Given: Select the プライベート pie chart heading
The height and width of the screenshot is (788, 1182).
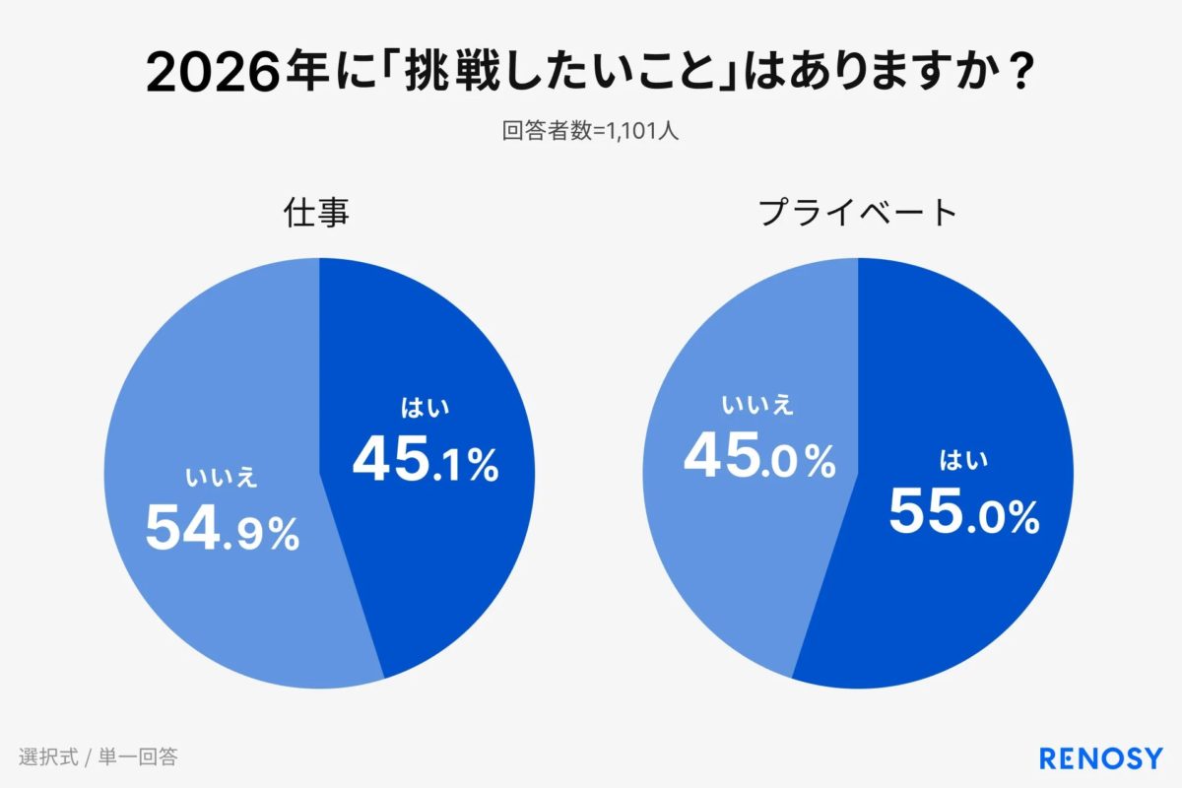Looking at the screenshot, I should (x=858, y=213).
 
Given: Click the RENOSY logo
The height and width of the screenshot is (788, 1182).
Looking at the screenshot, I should (x=1101, y=757).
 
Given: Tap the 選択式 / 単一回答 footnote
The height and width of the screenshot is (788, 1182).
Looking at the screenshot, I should (x=98, y=757).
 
